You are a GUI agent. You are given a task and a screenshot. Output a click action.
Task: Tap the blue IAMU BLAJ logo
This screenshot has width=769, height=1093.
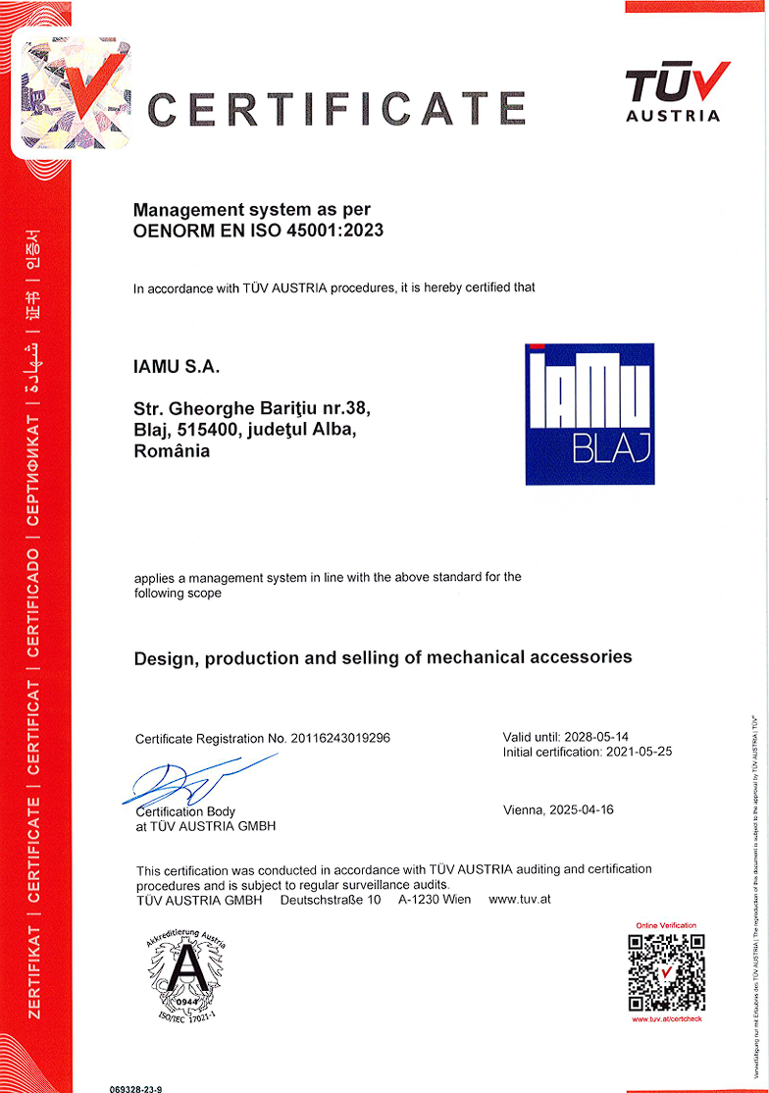[589, 413]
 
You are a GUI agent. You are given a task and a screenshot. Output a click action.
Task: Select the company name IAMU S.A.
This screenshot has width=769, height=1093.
[178, 368]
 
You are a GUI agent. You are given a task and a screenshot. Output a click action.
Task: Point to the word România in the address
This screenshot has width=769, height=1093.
[172, 451]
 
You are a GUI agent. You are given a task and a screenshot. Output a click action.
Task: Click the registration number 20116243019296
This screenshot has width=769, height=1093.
[340, 738]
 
